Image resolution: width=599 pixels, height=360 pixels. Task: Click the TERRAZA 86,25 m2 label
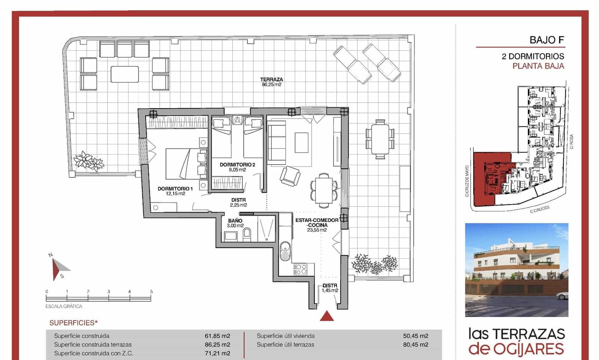click(271, 82)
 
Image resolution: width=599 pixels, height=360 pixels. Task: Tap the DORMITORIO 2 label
click(237, 167)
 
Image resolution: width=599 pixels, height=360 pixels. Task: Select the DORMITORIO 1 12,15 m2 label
click(175, 191)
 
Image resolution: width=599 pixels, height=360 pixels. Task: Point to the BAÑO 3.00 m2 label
click(235, 223)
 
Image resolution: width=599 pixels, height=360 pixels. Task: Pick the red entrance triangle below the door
click(327, 316)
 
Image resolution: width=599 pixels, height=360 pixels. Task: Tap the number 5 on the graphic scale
click(151, 292)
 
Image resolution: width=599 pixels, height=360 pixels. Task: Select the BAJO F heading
click(547, 40)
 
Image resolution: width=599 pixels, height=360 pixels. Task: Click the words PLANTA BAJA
click(538, 66)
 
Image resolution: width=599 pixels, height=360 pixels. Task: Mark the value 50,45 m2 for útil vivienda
click(416, 336)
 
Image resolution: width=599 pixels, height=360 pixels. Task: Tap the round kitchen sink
click(285, 247)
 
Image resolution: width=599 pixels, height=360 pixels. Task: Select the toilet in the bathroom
click(247, 235)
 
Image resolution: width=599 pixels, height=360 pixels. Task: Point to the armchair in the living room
click(290, 175)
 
